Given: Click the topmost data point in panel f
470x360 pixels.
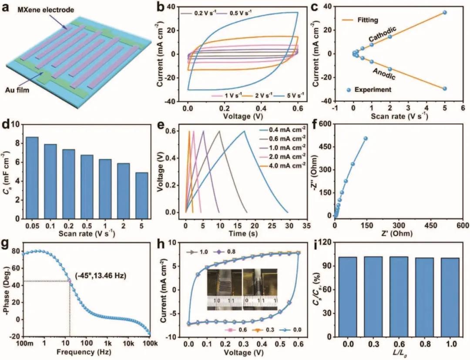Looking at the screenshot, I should pyautogui.click(x=366, y=138).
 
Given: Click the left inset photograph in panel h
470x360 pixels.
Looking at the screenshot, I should pyautogui.click(x=223, y=289).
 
